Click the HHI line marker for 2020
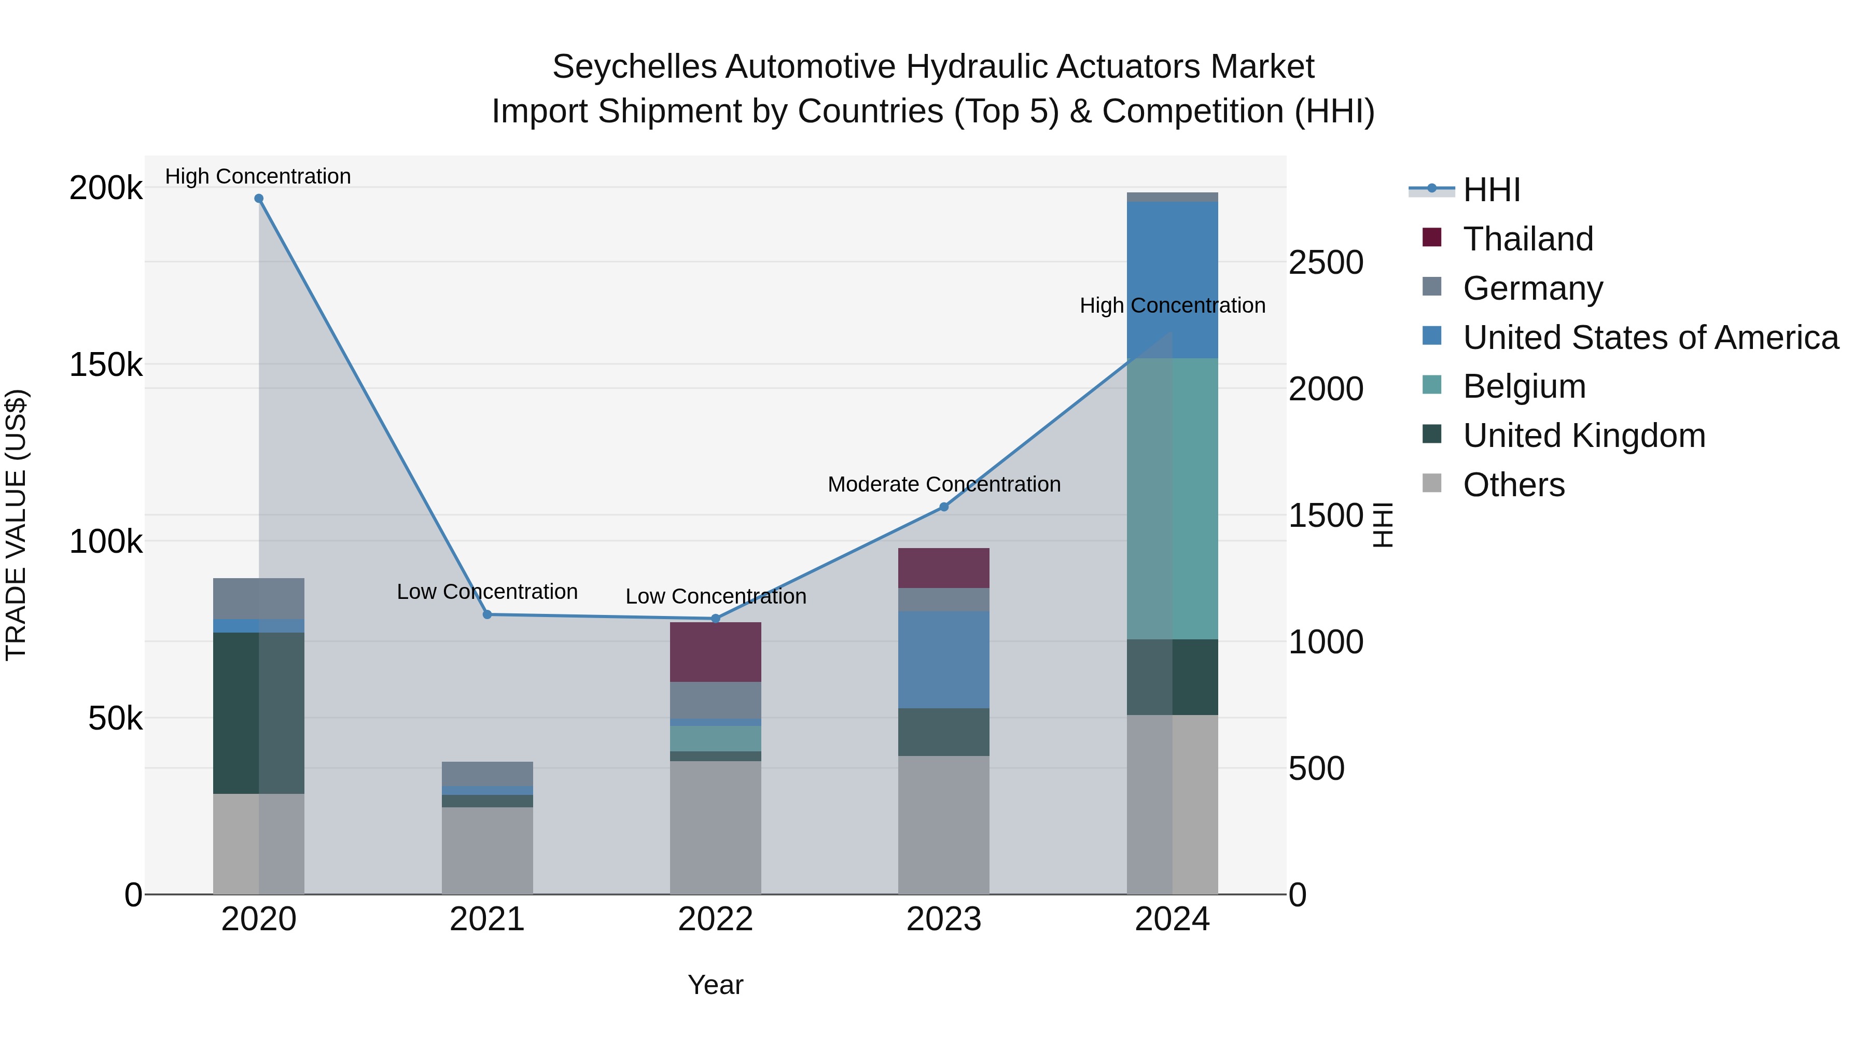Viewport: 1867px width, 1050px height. [259, 199]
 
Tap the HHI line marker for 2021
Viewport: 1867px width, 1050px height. [487, 614]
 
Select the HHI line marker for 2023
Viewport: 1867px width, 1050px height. [944, 507]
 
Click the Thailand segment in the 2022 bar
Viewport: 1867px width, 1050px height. [715, 651]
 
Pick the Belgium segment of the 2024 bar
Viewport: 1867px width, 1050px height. [1172, 498]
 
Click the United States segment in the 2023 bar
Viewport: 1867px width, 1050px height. [944, 660]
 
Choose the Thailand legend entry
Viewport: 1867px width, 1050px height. [1528, 239]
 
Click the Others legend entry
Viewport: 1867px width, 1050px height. [1513, 485]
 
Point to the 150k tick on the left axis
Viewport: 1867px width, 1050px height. [106, 365]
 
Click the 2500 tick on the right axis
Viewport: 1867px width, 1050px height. [1326, 262]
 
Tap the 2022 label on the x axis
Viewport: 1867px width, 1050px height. [715, 919]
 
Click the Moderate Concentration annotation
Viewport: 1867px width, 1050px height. [944, 484]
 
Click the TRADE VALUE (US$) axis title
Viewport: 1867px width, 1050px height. [16, 525]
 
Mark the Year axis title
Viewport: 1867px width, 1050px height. [715, 985]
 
